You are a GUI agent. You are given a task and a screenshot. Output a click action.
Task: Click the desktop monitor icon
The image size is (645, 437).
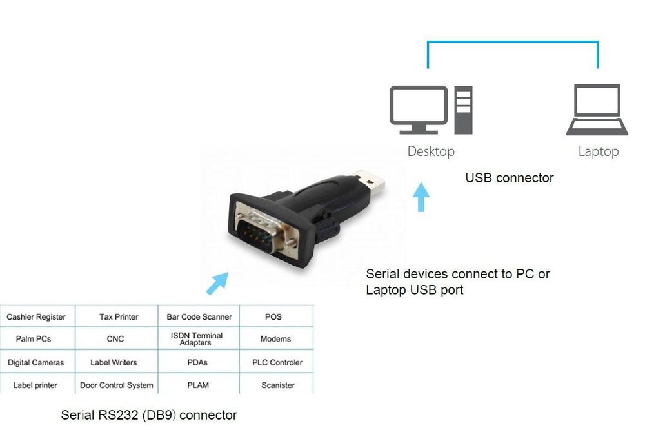click(x=419, y=110)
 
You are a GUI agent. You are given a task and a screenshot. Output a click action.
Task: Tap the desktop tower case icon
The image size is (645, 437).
click(x=463, y=110)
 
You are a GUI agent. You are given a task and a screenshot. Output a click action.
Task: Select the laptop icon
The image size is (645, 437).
click(x=597, y=110)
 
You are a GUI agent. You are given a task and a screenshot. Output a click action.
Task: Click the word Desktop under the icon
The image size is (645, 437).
click(x=431, y=151)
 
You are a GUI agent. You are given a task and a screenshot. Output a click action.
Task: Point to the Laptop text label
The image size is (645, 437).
click(x=598, y=151)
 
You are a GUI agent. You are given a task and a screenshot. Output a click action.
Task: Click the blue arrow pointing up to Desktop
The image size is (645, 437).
click(x=421, y=197)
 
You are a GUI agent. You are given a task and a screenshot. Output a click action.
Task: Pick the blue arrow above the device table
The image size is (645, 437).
click(x=217, y=282)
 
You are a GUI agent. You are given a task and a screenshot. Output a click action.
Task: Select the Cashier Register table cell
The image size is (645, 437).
click(x=36, y=317)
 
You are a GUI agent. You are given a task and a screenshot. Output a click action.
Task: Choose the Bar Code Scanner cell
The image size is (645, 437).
click(x=199, y=317)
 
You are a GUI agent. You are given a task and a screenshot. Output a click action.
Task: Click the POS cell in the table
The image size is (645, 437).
click(x=273, y=317)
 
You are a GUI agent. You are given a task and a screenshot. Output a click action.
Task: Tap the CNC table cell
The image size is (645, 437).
click(x=115, y=339)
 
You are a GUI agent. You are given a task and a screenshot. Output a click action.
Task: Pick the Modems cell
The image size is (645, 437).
click(x=275, y=339)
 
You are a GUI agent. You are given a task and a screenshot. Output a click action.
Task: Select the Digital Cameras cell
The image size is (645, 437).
click(x=36, y=362)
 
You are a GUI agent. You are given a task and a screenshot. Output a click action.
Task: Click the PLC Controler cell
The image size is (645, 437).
click(x=277, y=362)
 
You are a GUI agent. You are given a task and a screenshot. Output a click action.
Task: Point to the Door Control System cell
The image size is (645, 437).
click(x=117, y=385)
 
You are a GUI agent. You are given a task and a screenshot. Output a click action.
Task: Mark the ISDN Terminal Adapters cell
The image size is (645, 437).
click(x=197, y=339)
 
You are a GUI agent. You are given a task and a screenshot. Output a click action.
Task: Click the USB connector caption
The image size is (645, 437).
click(x=510, y=178)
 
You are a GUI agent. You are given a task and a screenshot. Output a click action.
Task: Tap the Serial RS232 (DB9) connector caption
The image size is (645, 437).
click(x=149, y=415)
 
